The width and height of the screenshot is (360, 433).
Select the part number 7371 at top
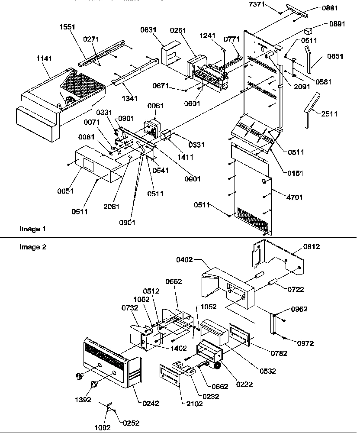[x=269, y=4]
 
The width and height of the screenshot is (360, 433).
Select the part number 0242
[x=151, y=404]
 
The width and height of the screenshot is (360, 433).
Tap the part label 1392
[x=83, y=400]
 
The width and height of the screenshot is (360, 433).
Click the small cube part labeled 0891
[x=309, y=31]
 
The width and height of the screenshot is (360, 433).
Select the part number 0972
[x=305, y=343]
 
